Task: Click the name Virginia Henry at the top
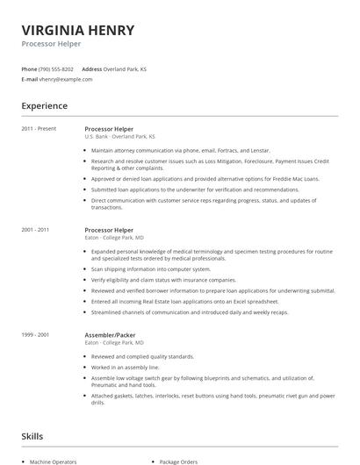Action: pos(78,31)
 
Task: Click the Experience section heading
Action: pos(45,106)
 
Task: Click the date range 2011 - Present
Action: pos(39,128)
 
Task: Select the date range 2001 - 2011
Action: pos(36,230)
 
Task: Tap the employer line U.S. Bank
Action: pos(95,137)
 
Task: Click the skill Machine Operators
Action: pos(54,461)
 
